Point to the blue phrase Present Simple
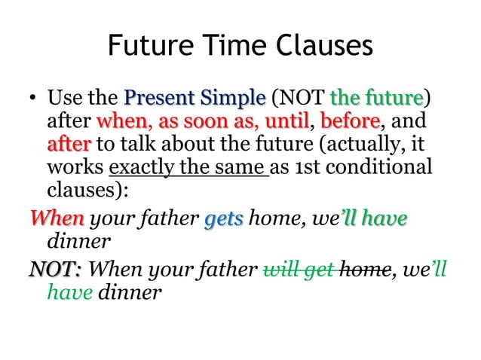pyautogui.click(x=195, y=99)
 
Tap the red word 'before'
pyautogui.click(x=346, y=121)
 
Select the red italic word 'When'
pyautogui.click(x=57, y=219)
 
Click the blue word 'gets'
pyautogui.click(x=224, y=219)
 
